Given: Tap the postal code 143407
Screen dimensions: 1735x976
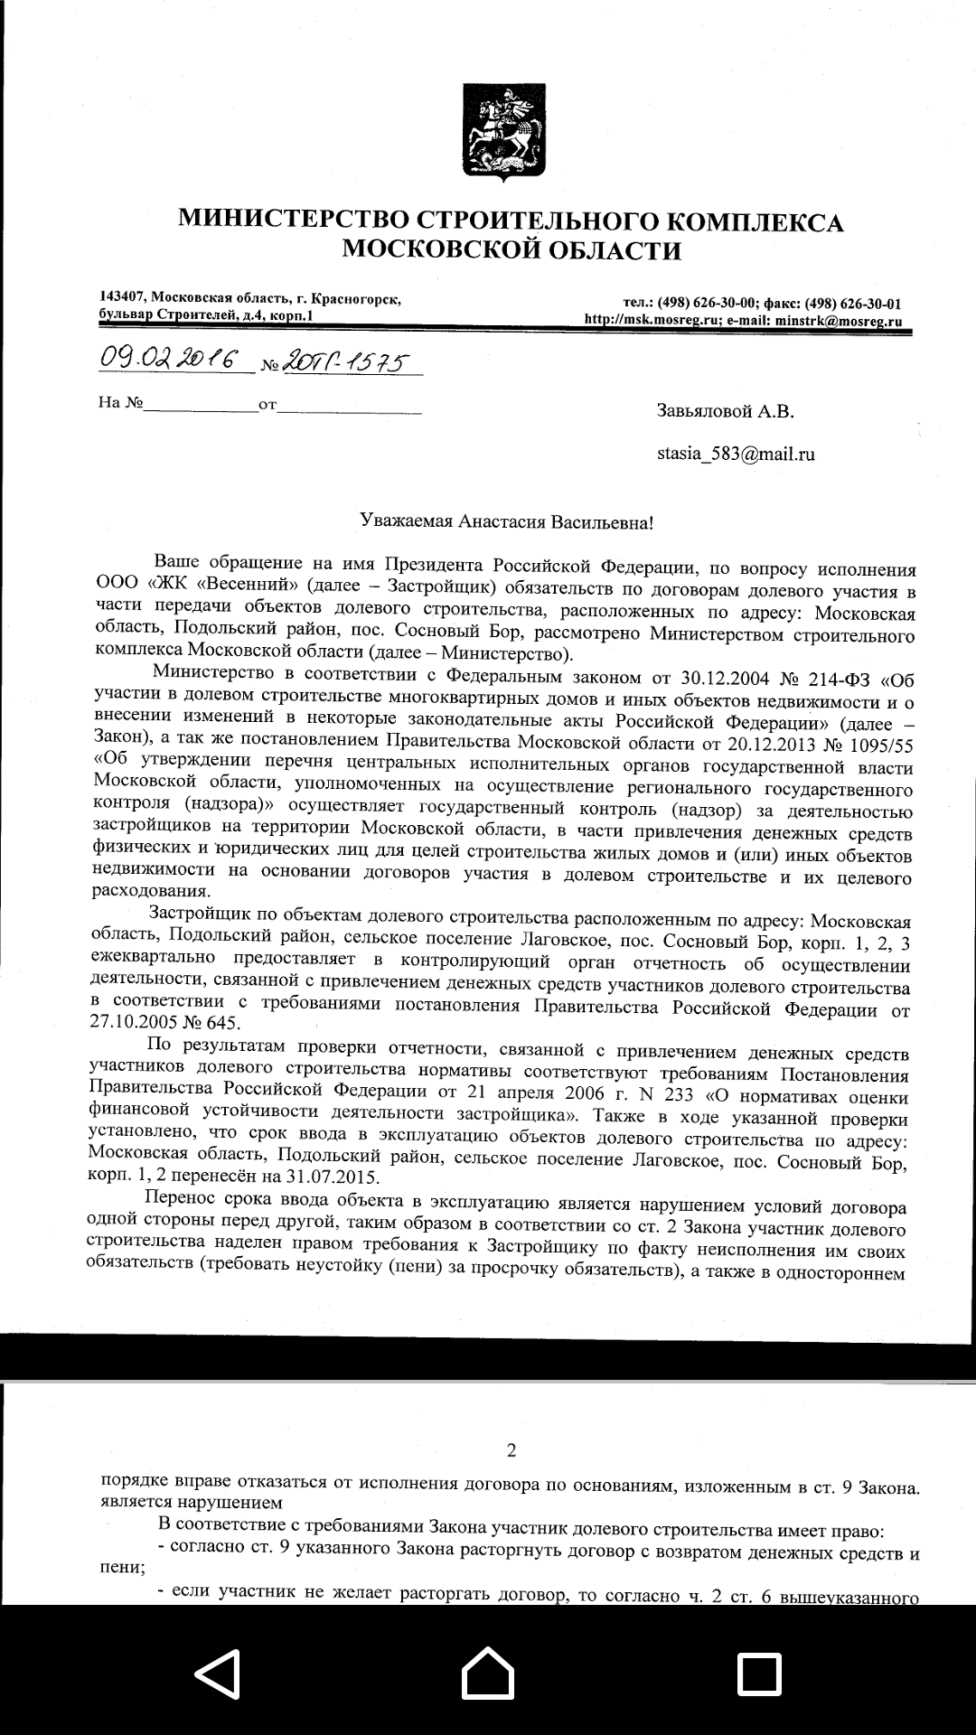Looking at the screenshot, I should pos(123,297).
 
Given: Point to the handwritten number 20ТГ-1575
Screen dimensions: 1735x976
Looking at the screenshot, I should pos(346,362).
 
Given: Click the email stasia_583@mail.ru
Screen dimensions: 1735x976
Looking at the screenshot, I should pos(736,454).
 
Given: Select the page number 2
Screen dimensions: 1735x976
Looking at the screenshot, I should pos(511,1451).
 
